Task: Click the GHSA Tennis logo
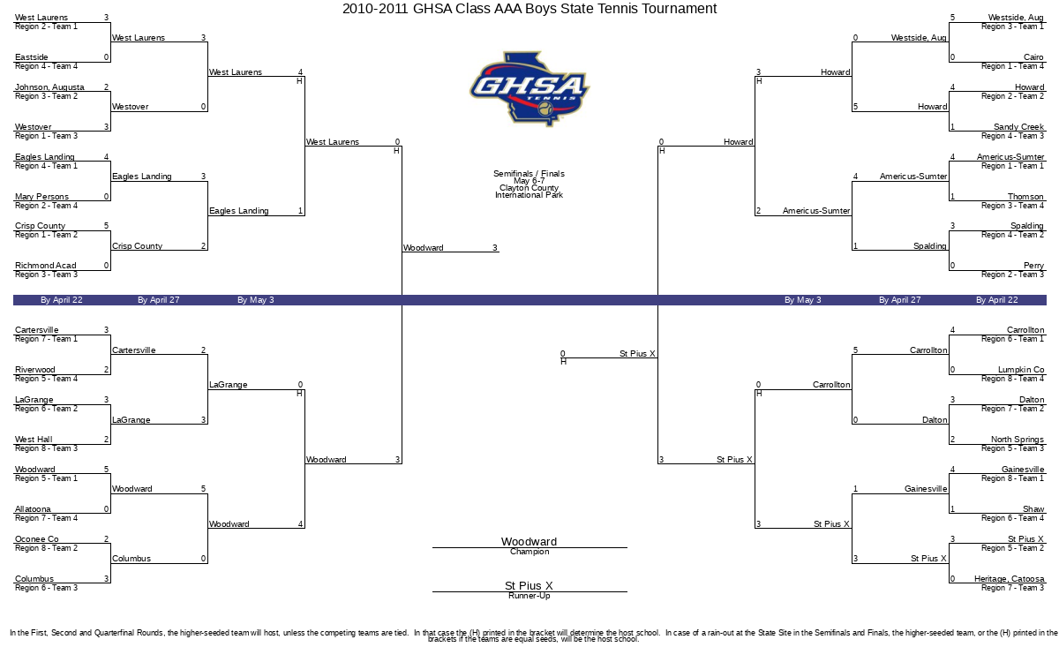pyautogui.click(x=529, y=89)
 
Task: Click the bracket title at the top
pyautogui.click(x=529, y=9)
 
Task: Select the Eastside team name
pyautogui.click(x=31, y=57)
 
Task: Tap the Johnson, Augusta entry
pyautogui.click(x=49, y=87)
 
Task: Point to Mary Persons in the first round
pyautogui.click(x=41, y=196)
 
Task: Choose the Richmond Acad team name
pyautogui.click(x=45, y=266)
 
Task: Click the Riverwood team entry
pyautogui.click(x=35, y=369)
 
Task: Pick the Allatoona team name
pyautogui.click(x=33, y=508)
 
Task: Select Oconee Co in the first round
pyautogui.click(x=37, y=538)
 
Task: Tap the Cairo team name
pyautogui.click(x=1033, y=57)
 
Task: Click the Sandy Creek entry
pyautogui.click(x=1018, y=127)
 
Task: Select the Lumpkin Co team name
pyautogui.click(x=1021, y=369)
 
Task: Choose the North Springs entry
pyautogui.click(x=1018, y=440)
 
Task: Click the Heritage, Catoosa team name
pyautogui.click(x=1010, y=578)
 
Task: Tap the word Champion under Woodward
pyautogui.click(x=529, y=552)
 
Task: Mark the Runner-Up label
pyautogui.click(x=529, y=596)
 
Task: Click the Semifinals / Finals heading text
pyautogui.click(x=529, y=174)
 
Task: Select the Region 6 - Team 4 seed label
pyautogui.click(x=1013, y=518)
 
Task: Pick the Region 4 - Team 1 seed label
pyautogui.click(x=46, y=166)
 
